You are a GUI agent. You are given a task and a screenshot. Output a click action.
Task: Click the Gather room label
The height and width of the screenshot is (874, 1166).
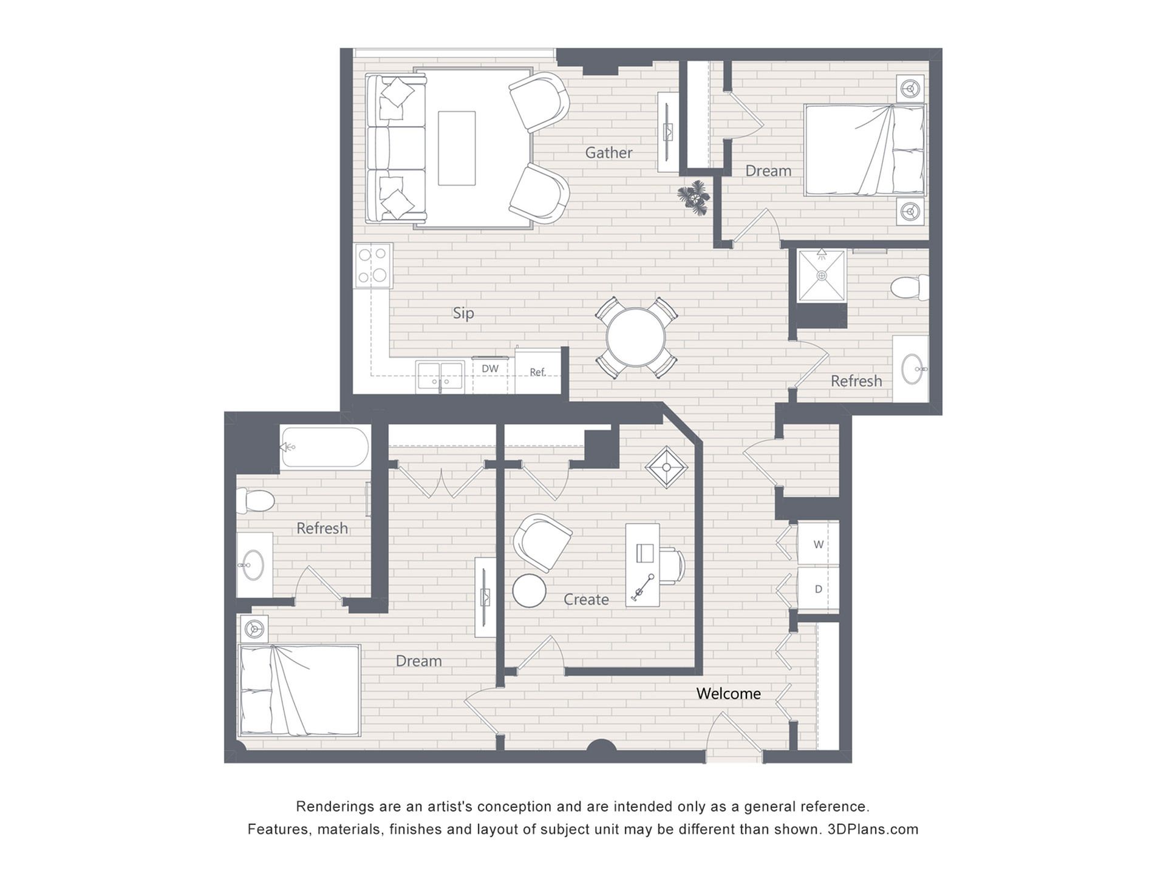[x=609, y=152]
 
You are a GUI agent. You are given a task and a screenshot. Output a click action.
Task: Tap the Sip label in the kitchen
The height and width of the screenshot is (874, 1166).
[x=463, y=313]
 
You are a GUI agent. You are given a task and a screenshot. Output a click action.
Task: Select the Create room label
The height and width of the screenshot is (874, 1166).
[x=586, y=600]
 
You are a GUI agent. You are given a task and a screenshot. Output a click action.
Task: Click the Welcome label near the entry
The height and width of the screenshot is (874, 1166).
[x=728, y=693]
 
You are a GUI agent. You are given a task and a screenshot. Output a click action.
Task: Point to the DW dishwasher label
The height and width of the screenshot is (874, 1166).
[x=490, y=368]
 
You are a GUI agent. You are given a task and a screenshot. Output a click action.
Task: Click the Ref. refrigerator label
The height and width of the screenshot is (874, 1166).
[x=537, y=372]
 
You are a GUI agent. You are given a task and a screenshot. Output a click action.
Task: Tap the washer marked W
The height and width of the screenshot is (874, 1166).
[x=818, y=544]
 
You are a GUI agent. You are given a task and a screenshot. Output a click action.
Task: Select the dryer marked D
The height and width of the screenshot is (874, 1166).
[x=818, y=589]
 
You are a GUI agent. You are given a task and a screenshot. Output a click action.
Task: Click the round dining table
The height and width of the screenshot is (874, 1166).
[x=636, y=337]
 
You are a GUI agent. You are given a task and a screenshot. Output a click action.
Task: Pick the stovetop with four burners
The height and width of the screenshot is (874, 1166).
[x=373, y=265]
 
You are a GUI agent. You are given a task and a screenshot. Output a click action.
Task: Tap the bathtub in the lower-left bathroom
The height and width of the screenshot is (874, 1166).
[x=324, y=447]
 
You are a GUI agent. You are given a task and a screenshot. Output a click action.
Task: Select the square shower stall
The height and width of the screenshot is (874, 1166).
[x=822, y=276]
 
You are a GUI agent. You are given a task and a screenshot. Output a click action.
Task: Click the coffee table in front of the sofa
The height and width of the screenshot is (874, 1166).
[x=457, y=148]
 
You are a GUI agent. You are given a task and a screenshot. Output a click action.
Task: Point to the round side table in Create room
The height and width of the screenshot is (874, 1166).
[x=529, y=591]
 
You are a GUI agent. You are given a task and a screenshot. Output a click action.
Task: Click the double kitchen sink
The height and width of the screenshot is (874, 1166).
[x=440, y=376]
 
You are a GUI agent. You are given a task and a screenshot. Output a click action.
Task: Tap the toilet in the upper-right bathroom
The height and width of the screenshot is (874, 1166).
[x=910, y=287]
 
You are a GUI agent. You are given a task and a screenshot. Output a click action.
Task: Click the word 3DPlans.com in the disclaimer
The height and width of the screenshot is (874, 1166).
[x=873, y=829]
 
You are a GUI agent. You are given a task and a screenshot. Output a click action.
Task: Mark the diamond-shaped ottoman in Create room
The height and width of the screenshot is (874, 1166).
[x=666, y=467]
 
